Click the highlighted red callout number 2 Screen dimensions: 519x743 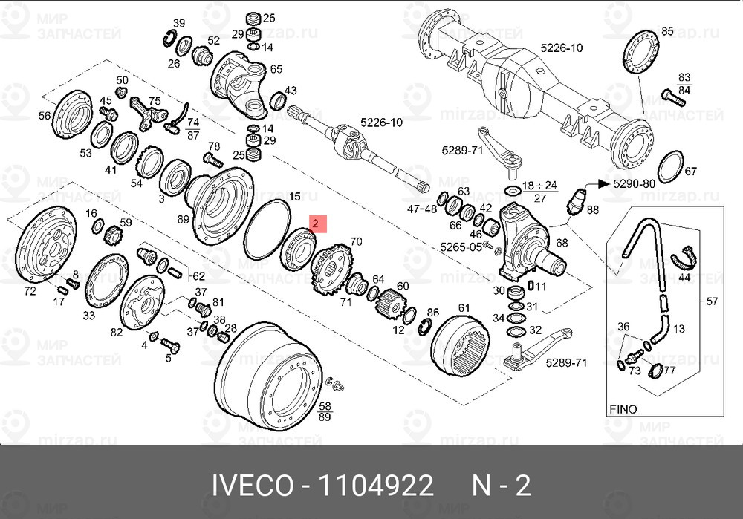tap(316, 223)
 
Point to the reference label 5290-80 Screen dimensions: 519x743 tap(633, 182)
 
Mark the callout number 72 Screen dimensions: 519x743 tap(30, 291)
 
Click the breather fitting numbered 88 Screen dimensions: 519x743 tap(577, 199)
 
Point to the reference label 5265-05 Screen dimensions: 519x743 tap(461, 247)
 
